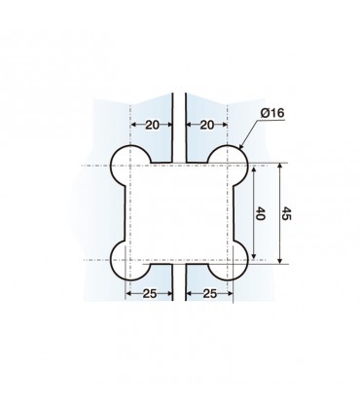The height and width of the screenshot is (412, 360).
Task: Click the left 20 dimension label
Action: (x=151, y=125)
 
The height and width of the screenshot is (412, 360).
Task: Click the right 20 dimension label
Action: (x=205, y=125)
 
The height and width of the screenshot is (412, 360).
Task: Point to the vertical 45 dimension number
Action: (x=285, y=213)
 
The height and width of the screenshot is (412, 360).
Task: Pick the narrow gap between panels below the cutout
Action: (x=179, y=292)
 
